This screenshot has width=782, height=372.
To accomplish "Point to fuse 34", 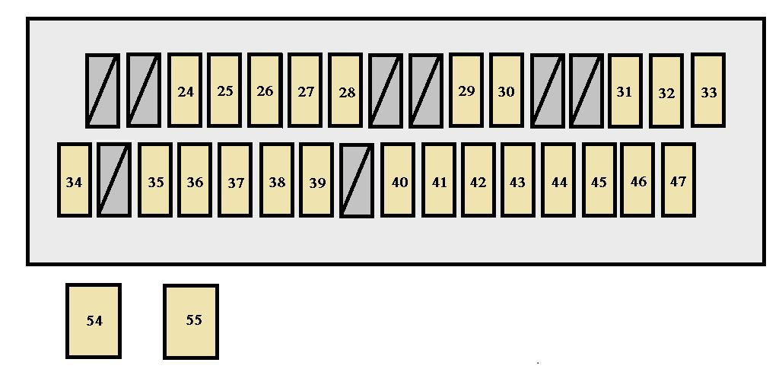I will point(75,180).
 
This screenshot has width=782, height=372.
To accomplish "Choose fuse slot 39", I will point(317,180).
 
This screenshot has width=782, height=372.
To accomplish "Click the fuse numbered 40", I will point(399,180).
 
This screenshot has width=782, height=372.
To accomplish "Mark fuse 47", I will point(678,180).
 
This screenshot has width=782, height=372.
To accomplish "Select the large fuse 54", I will point(94,320).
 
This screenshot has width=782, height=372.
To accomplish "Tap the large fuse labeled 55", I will point(191,320).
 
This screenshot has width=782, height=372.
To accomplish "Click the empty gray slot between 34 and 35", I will point(114,180).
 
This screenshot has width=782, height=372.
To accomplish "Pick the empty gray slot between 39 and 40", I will point(357,180).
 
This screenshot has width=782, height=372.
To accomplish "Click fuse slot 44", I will point(559,180).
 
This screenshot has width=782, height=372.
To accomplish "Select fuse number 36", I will point(195,180).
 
